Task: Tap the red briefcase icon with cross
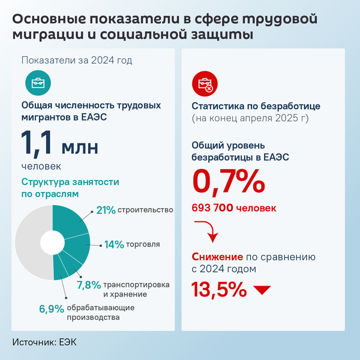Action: pyautogui.click(x=204, y=82)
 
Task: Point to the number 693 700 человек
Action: pyautogui.click(x=234, y=208)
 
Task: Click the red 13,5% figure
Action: pyautogui.click(x=219, y=289)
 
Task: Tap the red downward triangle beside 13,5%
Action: pyautogui.click(x=262, y=290)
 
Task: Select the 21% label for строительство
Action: pyautogui.click(x=106, y=210)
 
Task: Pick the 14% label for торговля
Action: pyautogui.click(x=114, y=244)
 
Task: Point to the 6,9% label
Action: pyautogui.click(x=52, y=309)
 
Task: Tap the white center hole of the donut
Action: pyautogui.click(x=52, y=243)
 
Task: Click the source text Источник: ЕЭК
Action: pyautogui.click(x=45, y=342)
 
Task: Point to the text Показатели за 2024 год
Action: pyautogui.click(x=77, y=60)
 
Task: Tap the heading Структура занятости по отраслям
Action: pyautogui.click(x=70, y=188)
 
